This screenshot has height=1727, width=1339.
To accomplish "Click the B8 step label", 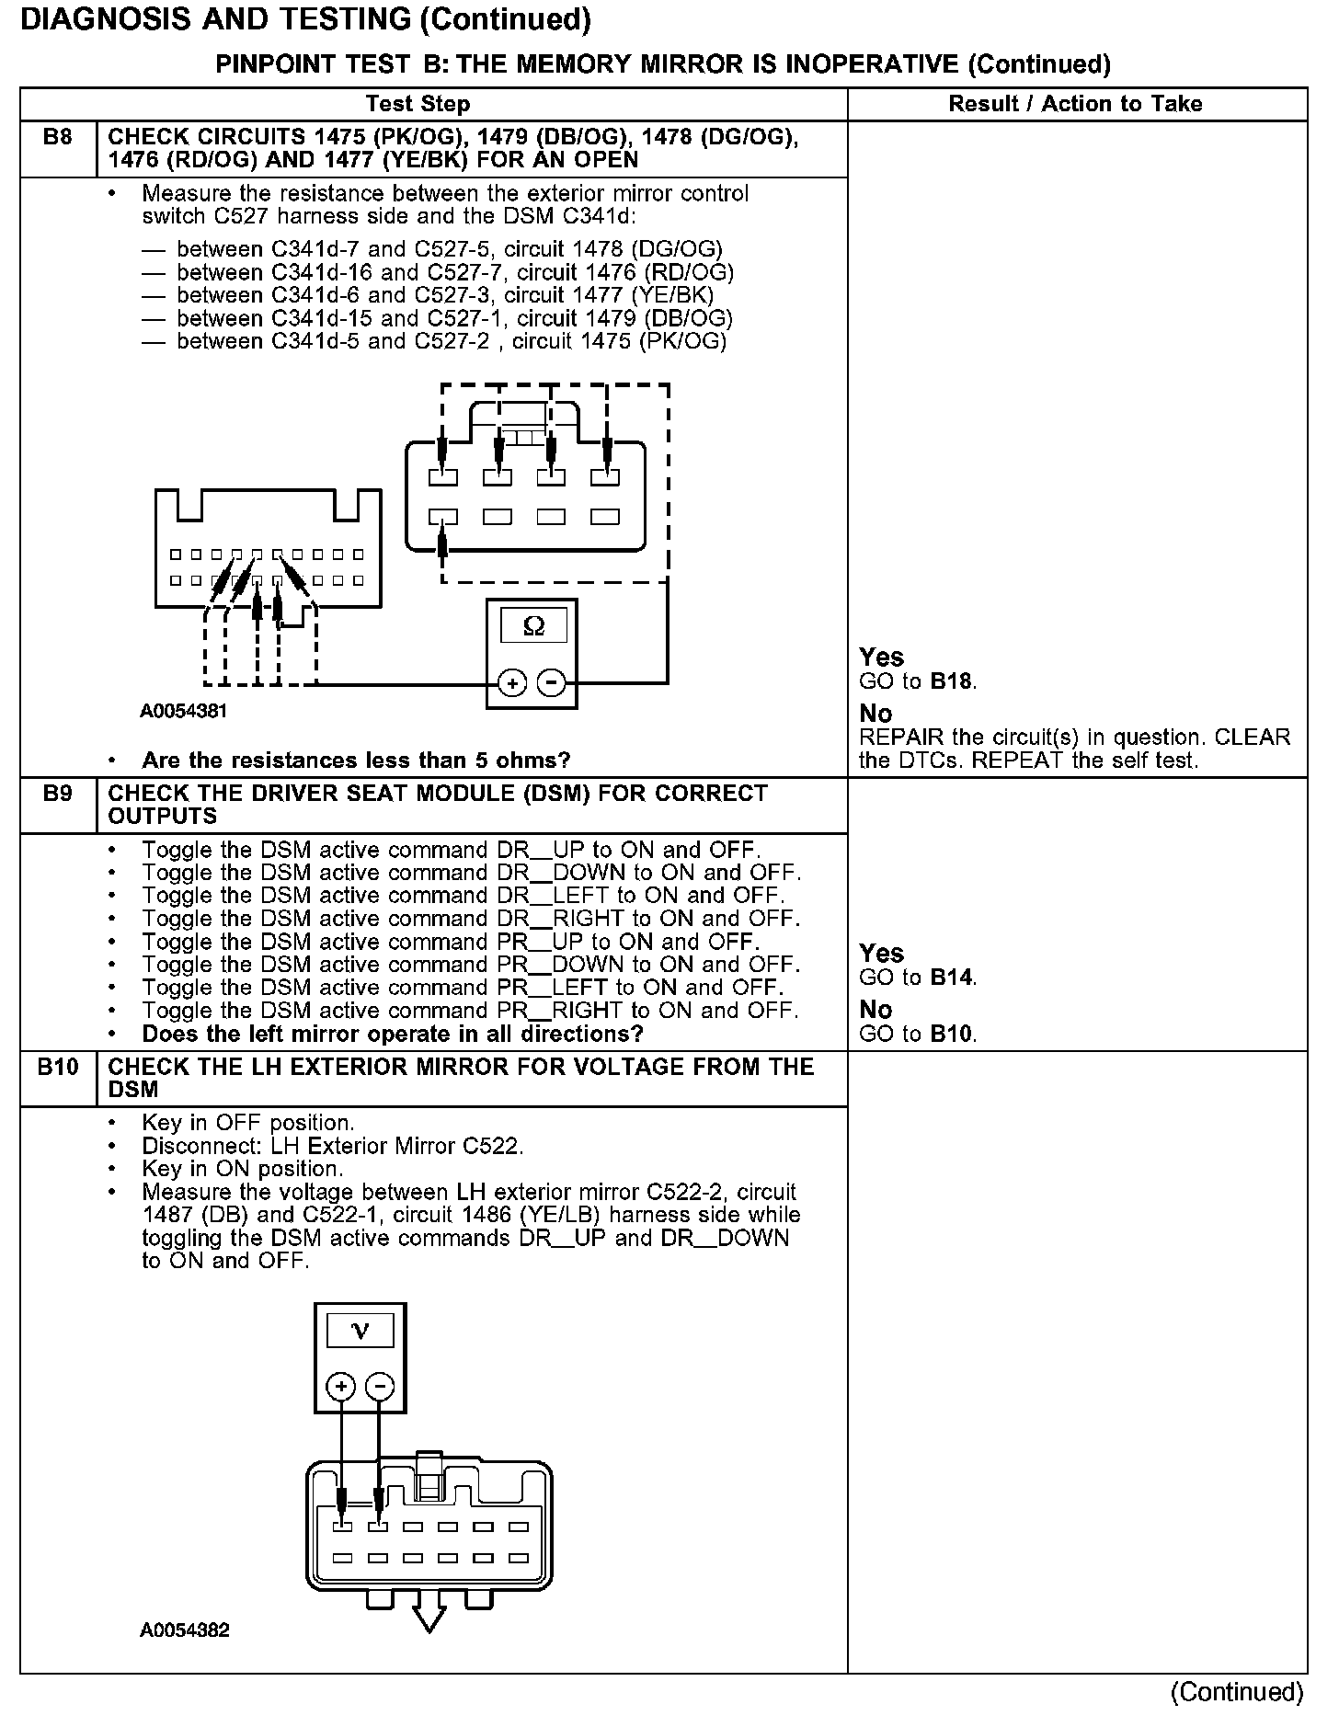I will click(x=57, y=138).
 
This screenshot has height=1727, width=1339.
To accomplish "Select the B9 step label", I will click(x=57, y=794).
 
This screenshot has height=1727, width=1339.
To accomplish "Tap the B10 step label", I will click(x=57, y=1067).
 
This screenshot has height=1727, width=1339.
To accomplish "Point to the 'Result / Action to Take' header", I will click(x=1075, y=104).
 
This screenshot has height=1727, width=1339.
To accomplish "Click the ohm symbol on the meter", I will click(x=532, y=627).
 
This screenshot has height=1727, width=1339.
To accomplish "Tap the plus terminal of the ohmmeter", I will click(x=511, y=683).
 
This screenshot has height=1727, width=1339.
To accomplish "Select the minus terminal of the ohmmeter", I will click(x=551, y=683).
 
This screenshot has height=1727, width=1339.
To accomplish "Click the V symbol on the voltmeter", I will click(x=360, y=1331).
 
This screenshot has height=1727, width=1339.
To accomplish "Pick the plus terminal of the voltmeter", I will click(x=340, y=1387).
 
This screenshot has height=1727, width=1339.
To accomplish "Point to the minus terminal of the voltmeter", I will click(x=380, y=1387).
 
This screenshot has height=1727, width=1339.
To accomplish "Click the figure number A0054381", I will click(x=184, y=711).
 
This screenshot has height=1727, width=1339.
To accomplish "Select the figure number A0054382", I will click(x=184, y=1630).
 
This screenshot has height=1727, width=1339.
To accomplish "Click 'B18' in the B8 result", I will click(x=952, y=681).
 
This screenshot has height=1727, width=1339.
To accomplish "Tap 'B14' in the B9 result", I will click(x=952, y=978).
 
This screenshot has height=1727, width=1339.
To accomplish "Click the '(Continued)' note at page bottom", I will click(x=1237, y=1692).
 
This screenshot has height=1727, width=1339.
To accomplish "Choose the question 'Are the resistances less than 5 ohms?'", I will click(x=356, y=761).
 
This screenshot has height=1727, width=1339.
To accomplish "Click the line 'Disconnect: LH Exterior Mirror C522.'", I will click(x=333, y=1147).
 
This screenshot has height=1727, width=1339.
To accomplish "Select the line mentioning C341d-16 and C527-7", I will click(x=455, y=272).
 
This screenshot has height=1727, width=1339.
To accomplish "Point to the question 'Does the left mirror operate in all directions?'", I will click(x=393, y=1034).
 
